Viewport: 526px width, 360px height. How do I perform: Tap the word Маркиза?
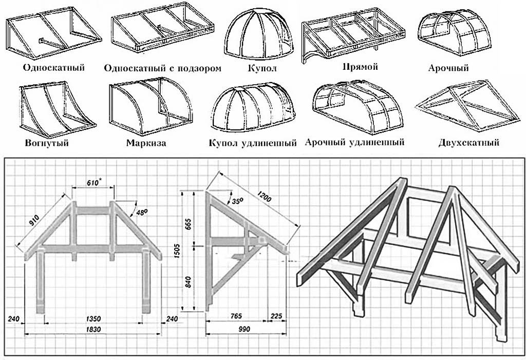click(x=146, y=143)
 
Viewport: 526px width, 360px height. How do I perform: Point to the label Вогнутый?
click(x=46, y=143)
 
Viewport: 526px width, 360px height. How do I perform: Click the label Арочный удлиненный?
click(x=354, y=142)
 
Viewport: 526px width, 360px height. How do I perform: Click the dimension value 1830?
click(x=93, y=329)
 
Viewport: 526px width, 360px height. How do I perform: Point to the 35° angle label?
click(x=236, y=201)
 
